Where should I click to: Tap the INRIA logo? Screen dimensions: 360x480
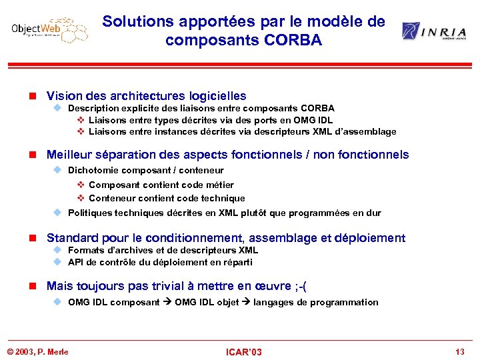click(434, 31)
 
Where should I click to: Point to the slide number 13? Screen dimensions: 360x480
click(459, 351)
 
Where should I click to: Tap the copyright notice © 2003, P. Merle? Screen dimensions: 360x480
click(37, 351)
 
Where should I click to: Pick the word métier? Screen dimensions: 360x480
click(219, 185)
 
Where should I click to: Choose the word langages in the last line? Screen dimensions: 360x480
click(275, 302)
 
